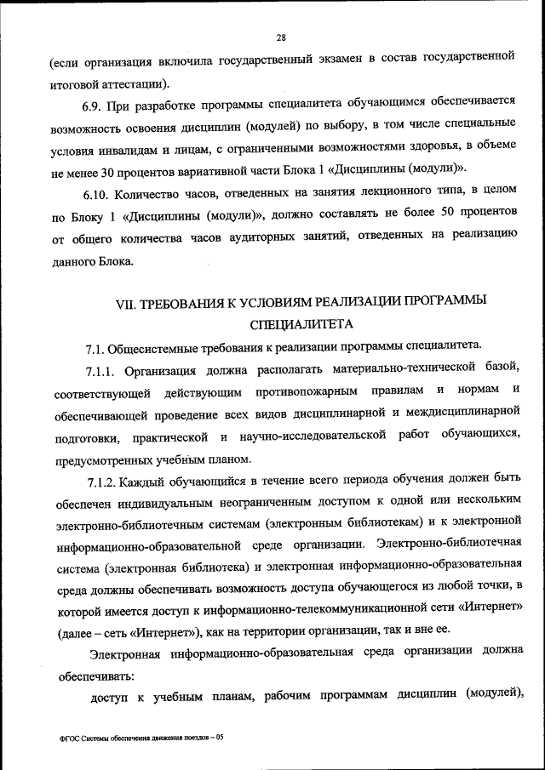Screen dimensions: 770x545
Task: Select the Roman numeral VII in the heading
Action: [x=126, y=303]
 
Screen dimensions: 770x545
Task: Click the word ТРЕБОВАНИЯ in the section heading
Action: [x=186, y=303]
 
